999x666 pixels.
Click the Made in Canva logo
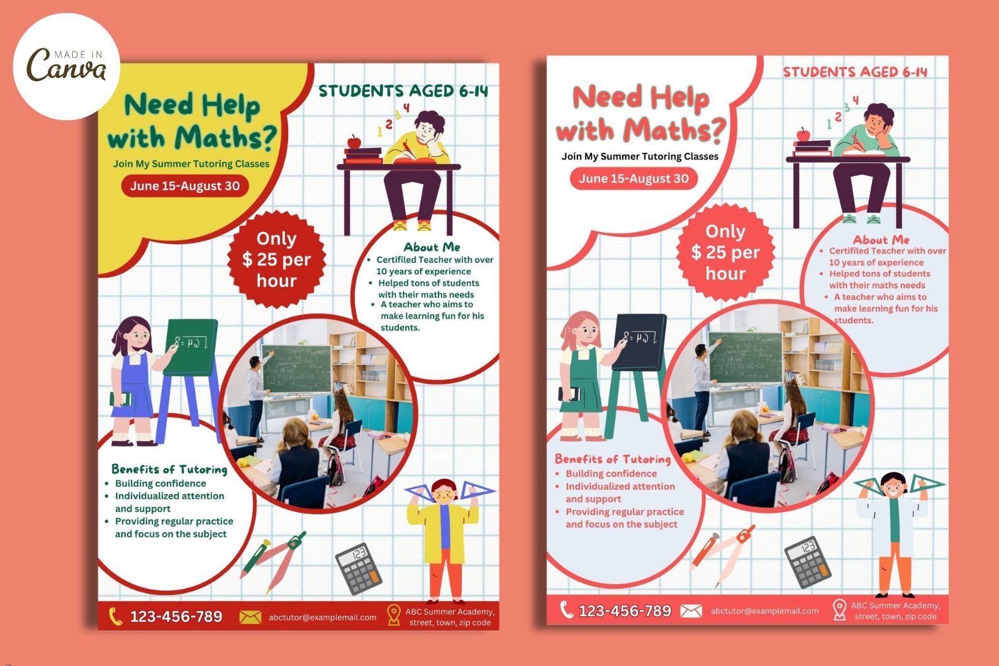(x=66, y=65)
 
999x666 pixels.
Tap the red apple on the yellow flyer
(x=354, y=142)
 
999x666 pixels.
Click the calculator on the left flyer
(x=359, y=568)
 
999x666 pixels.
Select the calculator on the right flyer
(x=808, y=561)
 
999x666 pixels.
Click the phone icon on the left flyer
(x=115, y=616)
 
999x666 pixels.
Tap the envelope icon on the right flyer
(x=691, y=610)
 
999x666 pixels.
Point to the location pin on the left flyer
(x=394, y=615)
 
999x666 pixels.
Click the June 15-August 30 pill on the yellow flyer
(x=185, y=186)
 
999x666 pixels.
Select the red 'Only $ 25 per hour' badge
(x=277, y=260)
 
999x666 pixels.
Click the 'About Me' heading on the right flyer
(x=881, y=240)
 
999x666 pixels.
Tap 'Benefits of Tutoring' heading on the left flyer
(x=169, y=469)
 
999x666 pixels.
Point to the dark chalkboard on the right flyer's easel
(x=640, y=341)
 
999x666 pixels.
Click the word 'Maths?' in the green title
(x=225, y=138)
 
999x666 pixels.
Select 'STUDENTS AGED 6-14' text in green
(x=403, y=91)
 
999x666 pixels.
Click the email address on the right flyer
(x=764, y=611)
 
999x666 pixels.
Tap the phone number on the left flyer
(x=176, y=616)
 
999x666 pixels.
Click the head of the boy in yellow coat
(x=445, y=492)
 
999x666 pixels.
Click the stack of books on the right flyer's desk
(x=812, y=148)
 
